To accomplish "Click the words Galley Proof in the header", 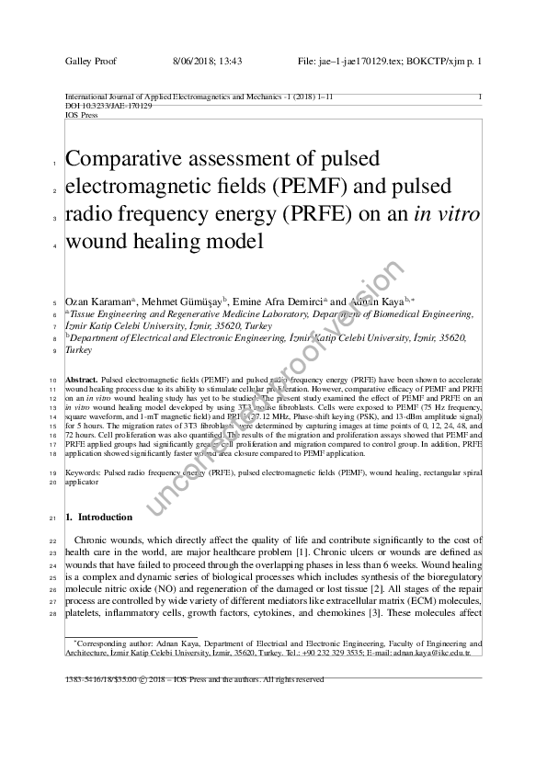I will point(88,61).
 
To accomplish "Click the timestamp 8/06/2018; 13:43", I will point(207,61).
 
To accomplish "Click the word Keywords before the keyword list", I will point(84,472).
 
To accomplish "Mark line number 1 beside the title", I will point(55,165).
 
